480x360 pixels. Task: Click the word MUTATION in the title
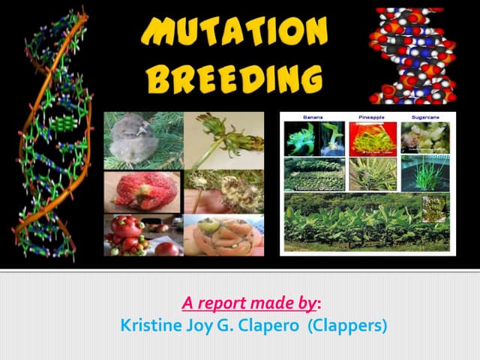(x=234, y=32)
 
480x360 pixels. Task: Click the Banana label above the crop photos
(x=313, y=118)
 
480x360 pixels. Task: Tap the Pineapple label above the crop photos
(x=372, y=118)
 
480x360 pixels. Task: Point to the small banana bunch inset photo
(x=434, y=208)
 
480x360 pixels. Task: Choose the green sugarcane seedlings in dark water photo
(x=425, y=174)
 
